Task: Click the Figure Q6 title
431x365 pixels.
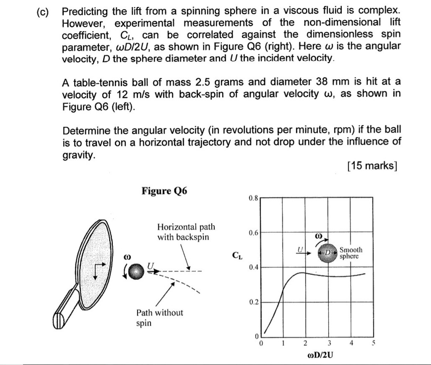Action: tap(165, 191)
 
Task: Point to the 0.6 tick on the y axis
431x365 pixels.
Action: tap(253, 233)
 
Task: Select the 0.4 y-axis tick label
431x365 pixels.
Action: tap(253, 267)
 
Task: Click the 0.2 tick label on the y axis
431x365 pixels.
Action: tap(253, 302)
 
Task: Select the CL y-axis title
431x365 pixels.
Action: tap(237, 255)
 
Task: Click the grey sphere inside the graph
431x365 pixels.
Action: tap(327, 253)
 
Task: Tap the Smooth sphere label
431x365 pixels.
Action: tap(351, 253)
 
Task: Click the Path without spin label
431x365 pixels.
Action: tap(160, 318)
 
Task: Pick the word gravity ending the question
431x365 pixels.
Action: tap(78, 155)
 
